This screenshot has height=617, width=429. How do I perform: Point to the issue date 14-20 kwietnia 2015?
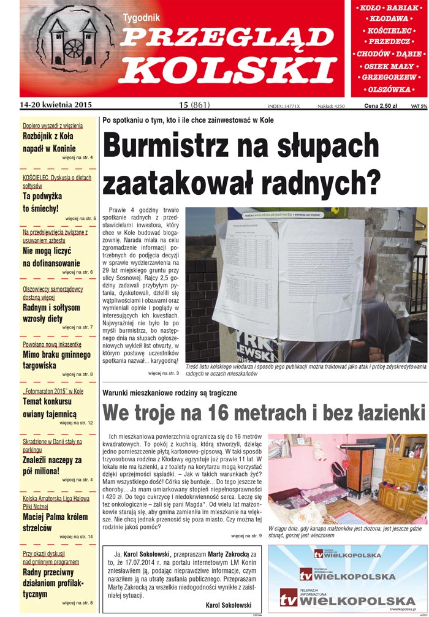click(x=55, y=105)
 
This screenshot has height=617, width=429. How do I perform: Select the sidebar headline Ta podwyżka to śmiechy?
click(x=41, y=202)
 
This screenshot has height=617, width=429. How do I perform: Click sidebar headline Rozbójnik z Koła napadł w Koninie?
click(x=49, y=142)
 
